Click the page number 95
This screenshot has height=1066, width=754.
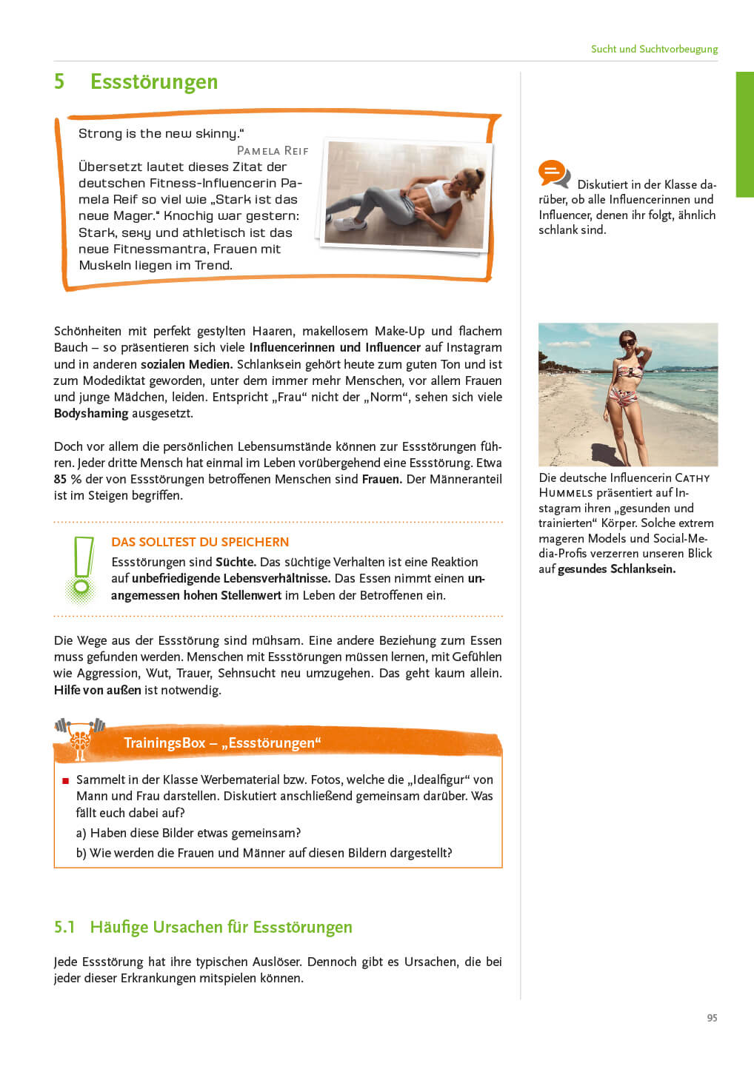tap(712, 1018)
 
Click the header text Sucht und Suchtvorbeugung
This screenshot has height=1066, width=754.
tap(654, 49)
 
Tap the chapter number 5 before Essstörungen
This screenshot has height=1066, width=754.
tap(59, 81)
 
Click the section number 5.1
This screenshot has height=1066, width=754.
tap(65, 927)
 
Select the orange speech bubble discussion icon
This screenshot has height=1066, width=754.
tap(553, 174)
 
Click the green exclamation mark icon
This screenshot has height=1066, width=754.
tap(82, 568)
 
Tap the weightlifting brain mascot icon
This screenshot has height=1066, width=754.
tap(80, 737)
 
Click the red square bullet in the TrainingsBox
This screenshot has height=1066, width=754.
tap(65, 780)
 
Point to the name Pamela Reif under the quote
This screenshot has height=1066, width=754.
tap(272, 150)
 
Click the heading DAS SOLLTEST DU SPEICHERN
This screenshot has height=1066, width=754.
tap(200, 542)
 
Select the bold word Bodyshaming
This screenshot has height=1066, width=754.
tap(91, 413)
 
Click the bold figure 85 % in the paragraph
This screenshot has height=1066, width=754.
tap(67, 479)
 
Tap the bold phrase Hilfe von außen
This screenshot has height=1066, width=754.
tap(97, 690)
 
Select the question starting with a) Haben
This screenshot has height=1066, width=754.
tap(188, 833)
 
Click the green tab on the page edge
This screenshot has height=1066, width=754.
tap(744, 134)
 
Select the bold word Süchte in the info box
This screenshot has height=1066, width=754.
tap(236, 562)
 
